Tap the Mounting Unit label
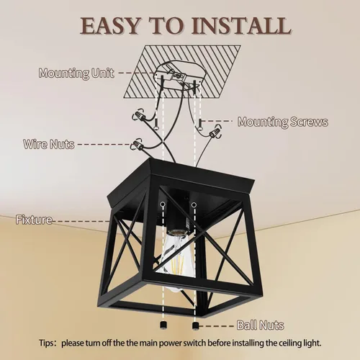(x=76, y=73)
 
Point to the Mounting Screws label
(x=282, y=122)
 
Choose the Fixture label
(x=33, y=220)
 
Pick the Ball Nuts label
(x=260, y=325)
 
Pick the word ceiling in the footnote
(x=285, y=343)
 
